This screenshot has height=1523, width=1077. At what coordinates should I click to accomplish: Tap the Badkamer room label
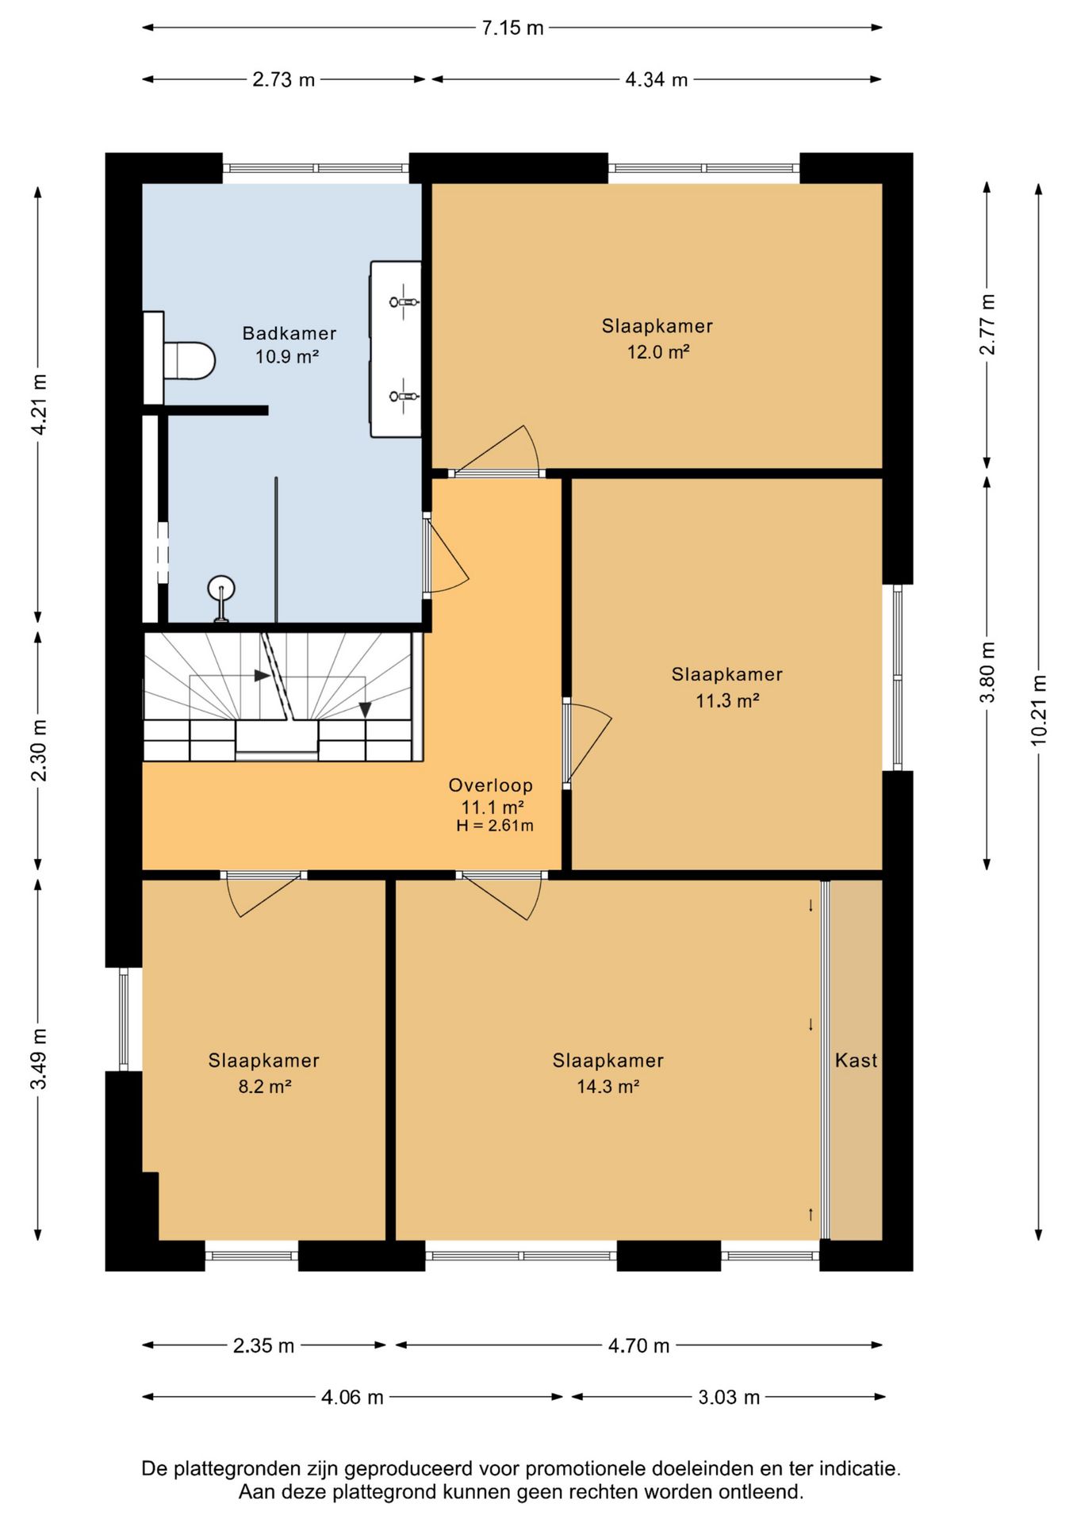289,333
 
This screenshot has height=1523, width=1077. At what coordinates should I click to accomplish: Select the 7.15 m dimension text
512,28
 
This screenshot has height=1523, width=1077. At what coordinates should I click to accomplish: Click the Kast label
856,1060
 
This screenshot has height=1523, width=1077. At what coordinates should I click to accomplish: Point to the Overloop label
490,785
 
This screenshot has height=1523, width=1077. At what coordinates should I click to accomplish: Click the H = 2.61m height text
495,826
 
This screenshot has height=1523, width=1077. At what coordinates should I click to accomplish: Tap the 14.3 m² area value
608,1087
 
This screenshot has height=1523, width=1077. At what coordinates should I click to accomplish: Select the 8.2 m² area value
265,1087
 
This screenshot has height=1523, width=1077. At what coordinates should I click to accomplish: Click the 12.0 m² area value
658,352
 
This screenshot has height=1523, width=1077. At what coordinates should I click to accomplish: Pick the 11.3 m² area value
727,700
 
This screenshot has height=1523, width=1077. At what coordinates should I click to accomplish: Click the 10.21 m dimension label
1039,711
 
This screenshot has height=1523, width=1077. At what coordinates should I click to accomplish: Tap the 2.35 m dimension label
263,1345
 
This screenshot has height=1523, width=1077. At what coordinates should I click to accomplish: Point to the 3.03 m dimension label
729,1397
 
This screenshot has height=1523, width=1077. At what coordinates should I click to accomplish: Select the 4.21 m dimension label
39,404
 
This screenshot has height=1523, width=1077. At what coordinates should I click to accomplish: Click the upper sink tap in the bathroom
404,301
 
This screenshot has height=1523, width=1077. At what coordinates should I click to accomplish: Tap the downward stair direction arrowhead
365,710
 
